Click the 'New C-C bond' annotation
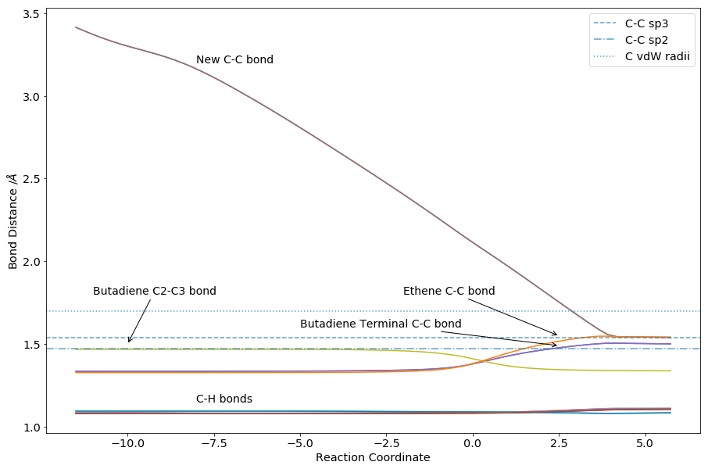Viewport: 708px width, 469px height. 234,60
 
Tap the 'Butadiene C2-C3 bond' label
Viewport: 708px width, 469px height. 154,292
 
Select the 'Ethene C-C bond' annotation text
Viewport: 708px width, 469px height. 449,292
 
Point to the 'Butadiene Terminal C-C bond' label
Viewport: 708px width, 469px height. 381,324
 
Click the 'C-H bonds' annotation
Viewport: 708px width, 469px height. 223,399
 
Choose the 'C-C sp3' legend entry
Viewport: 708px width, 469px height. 646,23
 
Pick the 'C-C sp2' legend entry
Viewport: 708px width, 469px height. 646,40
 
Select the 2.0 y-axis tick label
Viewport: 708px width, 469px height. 30,262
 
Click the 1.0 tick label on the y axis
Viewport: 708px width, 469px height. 30,427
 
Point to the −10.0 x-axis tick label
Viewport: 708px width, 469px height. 127,444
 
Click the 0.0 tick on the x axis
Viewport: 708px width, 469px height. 472,444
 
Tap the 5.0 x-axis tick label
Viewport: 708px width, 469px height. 645,444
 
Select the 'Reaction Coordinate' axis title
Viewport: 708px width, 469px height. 373,457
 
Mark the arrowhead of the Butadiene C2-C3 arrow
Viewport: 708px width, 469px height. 129,342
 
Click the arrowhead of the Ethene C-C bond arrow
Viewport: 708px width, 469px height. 556,335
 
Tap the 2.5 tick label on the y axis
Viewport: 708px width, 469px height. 30,179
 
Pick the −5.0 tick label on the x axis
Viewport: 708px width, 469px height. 300,444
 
